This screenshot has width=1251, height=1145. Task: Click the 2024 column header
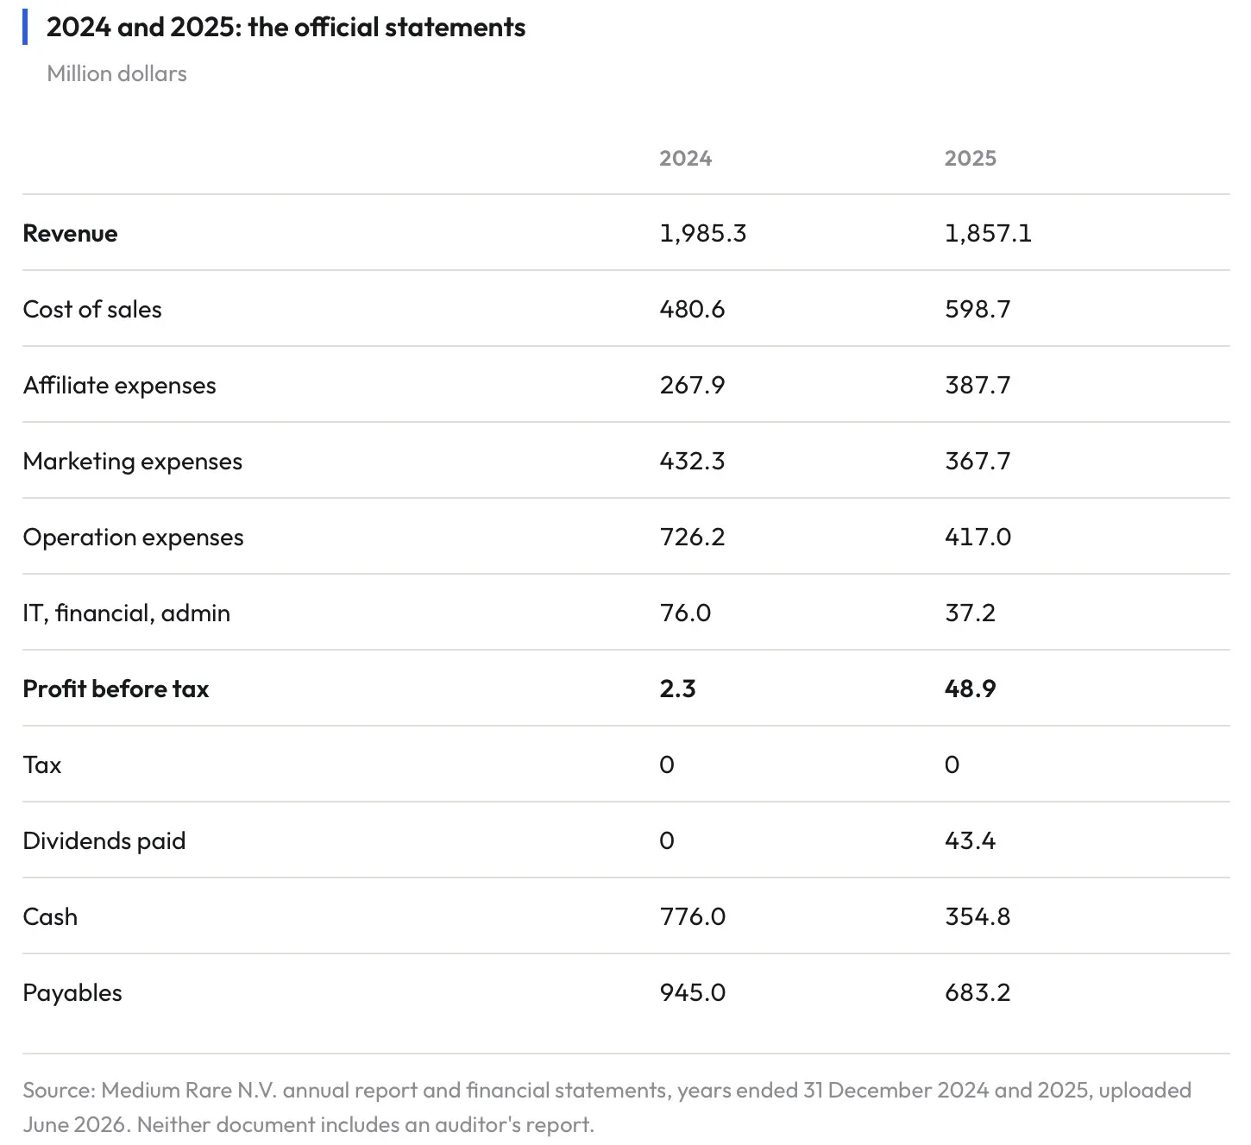pyautogui.click(x=685, y=158)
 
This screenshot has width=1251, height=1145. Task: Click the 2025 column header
pyautogui.click(x=970, y=158)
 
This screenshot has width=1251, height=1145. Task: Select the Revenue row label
pyautogui.click(x=70, y=233)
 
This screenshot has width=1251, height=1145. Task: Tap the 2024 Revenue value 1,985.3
pyautogui.click(x=702, y=233)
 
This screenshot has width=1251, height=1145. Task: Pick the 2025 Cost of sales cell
pyautogui.click(x=978, y=310)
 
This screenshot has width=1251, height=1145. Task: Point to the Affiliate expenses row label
pyautogui.click(x=119, y=386)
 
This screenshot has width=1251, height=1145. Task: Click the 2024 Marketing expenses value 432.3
pyautogui.click(x=692, y=461)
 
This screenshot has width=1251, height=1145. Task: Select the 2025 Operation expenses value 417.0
pyautogui.click(x=978, y=538)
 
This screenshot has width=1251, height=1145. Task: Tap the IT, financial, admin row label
pyautogui.click(x=126, y=613)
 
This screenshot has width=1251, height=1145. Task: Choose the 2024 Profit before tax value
pyautogui.click(x=677, y=689)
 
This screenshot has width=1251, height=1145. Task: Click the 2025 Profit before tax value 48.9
pyautogui.click(x=970, y=689)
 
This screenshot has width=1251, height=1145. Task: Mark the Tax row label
pyautogui.click(x=41, y=765)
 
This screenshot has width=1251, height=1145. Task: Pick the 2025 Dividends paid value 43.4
pyautogui.click(x=970, y=841)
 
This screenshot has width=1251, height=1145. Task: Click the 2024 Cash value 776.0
pyautogui.click(x=692, y=916)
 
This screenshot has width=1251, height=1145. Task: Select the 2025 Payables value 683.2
pyautogui.click(x=978, y=993)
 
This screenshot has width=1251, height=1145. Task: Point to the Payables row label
pyautogui.click(x=72, y=993)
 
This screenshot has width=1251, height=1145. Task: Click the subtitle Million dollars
pyautogui.click(x=116, y=73)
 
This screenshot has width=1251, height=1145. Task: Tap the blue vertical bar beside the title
pyautogui.click(x=25, y=27)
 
